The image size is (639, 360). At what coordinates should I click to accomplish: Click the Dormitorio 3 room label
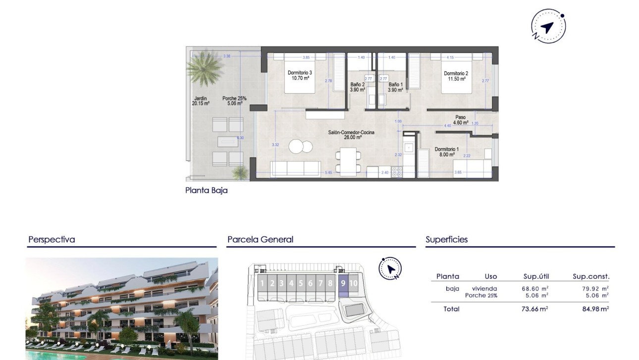(299, 75)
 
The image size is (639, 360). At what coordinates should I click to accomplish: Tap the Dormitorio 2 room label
(456, 76)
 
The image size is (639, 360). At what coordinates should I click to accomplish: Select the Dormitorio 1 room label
(447, 152)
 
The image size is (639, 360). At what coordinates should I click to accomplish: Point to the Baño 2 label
(357, 87)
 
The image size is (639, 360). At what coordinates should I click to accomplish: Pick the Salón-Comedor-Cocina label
(351, 135)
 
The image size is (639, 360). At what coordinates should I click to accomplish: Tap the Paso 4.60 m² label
(461, 120)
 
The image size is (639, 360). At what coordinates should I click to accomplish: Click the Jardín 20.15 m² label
(201, 101)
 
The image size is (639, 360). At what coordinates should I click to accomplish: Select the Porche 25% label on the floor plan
(234, 101)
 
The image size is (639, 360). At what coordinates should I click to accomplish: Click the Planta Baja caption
(207, 190)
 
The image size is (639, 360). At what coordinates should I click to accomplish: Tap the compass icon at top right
(548, 26)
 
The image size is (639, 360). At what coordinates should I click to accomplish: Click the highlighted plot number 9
(343, 284)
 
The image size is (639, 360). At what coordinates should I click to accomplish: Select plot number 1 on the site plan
(262, 284)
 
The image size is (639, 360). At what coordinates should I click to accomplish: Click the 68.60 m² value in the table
(536, 289)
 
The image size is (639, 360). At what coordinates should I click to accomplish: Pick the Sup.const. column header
(591, 277)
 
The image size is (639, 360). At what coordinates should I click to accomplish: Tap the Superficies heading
(446, 240)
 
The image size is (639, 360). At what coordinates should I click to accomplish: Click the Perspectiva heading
(52, 240)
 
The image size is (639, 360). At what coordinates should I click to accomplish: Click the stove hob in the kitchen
(397, 172)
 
